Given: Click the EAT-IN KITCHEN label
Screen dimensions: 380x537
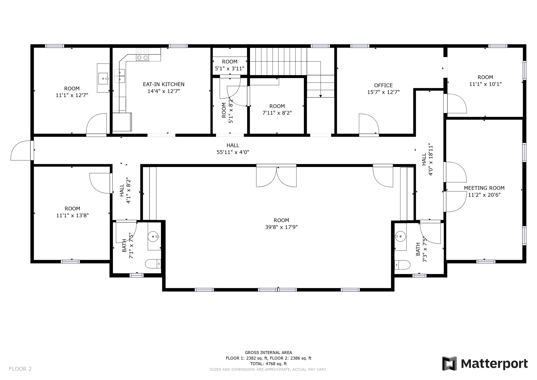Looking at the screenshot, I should (163, 84).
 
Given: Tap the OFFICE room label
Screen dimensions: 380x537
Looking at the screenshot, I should (383, 85).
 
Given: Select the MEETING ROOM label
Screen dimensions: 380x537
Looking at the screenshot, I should (484, 188).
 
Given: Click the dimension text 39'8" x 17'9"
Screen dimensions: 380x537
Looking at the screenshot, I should (281, 227).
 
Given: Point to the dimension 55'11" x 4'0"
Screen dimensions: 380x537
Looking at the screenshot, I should (233, 152).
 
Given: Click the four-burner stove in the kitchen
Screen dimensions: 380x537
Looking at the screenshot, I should (142, 55).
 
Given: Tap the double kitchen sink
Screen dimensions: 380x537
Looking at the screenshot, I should (120, 76).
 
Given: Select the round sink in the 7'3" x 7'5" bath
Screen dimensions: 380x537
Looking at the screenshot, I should (400, 236).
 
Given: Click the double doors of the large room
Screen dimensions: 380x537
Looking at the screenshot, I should (276, 177).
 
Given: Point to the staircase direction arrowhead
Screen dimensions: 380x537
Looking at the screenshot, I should (320, 96).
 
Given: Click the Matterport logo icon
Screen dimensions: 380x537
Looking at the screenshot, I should (449, 363).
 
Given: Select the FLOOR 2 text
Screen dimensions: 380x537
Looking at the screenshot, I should (20, 369).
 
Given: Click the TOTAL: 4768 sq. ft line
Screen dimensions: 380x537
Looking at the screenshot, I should (268, 364).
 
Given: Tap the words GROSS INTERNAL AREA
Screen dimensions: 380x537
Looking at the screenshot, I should (268, 352).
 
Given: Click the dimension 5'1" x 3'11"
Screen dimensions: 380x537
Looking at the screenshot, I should (229, 68).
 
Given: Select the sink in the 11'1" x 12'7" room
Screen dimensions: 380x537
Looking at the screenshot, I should (103, 78).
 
